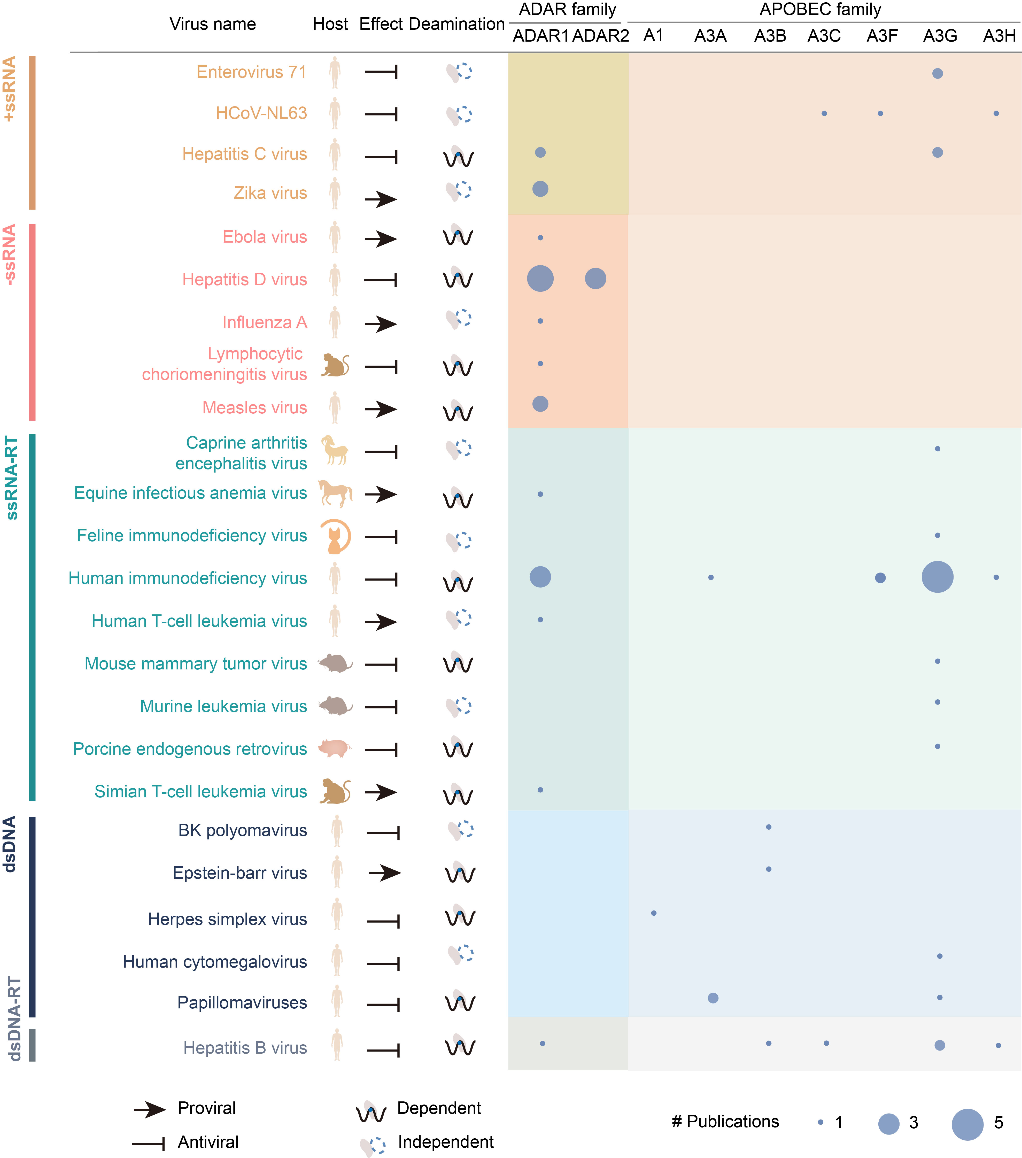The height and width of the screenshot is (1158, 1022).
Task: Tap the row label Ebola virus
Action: (x=265, y=237)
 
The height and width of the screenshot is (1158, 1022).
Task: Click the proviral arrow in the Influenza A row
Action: (x=381, y=324)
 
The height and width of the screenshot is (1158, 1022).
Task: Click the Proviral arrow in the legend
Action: (x=150, y=1109)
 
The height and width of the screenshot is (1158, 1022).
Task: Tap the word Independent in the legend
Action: (x=445, y=1141)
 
